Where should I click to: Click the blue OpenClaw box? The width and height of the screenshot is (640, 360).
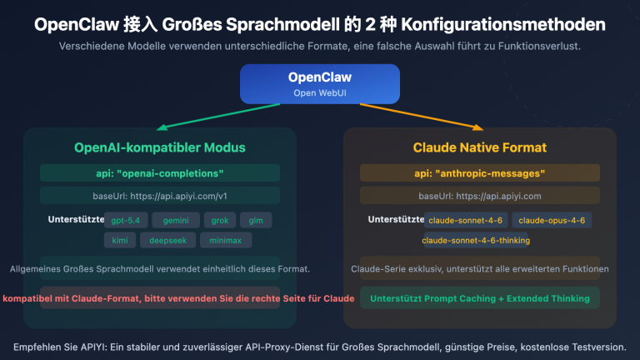tap(320, 83)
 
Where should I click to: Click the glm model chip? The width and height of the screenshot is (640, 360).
tap(256, 220)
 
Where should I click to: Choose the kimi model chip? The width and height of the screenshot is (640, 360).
tap(119, 240)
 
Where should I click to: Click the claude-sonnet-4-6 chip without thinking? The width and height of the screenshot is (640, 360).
tap(465, 220)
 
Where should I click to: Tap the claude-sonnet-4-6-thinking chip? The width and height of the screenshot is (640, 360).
tap(476, 240)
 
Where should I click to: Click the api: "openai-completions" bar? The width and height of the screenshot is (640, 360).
tap(160, 173)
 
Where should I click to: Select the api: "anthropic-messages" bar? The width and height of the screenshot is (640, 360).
tap(480, 173)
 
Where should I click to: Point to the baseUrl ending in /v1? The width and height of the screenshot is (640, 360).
tap(160, 196)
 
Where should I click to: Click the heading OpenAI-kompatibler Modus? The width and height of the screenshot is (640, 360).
tap(160, 147)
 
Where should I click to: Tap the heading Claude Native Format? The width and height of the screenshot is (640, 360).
tap(480, 147)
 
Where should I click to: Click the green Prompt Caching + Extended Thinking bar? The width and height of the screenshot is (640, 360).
tap(480, 297)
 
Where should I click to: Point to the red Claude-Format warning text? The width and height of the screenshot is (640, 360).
tap(160, 297)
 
